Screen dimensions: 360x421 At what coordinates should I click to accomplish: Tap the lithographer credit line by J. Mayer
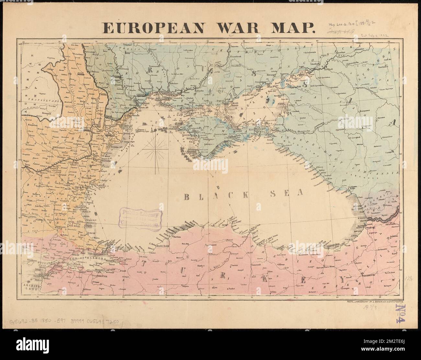click(x=375, y=302)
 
